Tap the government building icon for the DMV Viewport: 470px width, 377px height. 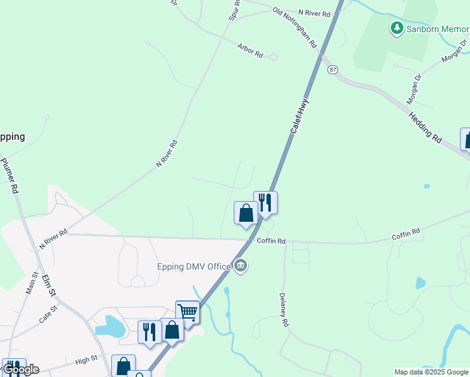click(x=241, y=266)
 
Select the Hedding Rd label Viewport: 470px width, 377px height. click(x=425, y=125)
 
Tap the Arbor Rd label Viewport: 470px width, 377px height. click(x=250, y=50)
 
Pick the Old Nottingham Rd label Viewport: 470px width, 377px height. click(x=294, y=28)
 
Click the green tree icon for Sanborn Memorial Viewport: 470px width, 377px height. click(x=396, y=28)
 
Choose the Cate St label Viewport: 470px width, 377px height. click(x=48, y=314)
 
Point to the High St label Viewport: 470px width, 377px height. click(x=87, y=361)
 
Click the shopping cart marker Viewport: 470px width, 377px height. click(x=187, y=312)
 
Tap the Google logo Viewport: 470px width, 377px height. click(x=20, y=369)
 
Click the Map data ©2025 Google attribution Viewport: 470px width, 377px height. click(x=431, y=372)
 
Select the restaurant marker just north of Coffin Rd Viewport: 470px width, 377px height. click(x=265, y=202)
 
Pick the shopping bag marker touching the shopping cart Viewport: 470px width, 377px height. click(x=172, y=330)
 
